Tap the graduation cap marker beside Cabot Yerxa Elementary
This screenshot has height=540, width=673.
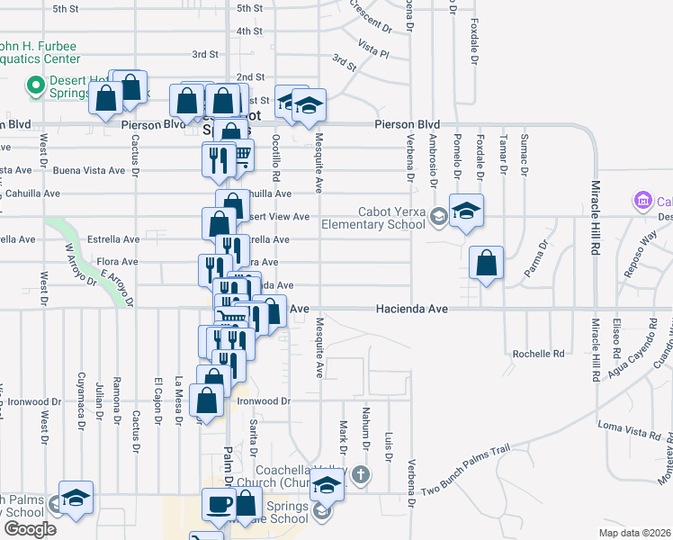point(467,212)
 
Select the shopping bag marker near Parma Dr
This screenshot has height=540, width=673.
point(486,264)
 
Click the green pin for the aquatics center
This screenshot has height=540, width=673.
point(36,86)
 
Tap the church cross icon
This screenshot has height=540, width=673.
point(360,473)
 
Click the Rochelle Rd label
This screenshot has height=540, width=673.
point(538,354)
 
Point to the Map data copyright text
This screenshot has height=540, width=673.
point(634,533)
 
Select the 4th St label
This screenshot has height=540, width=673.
point(249,31)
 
